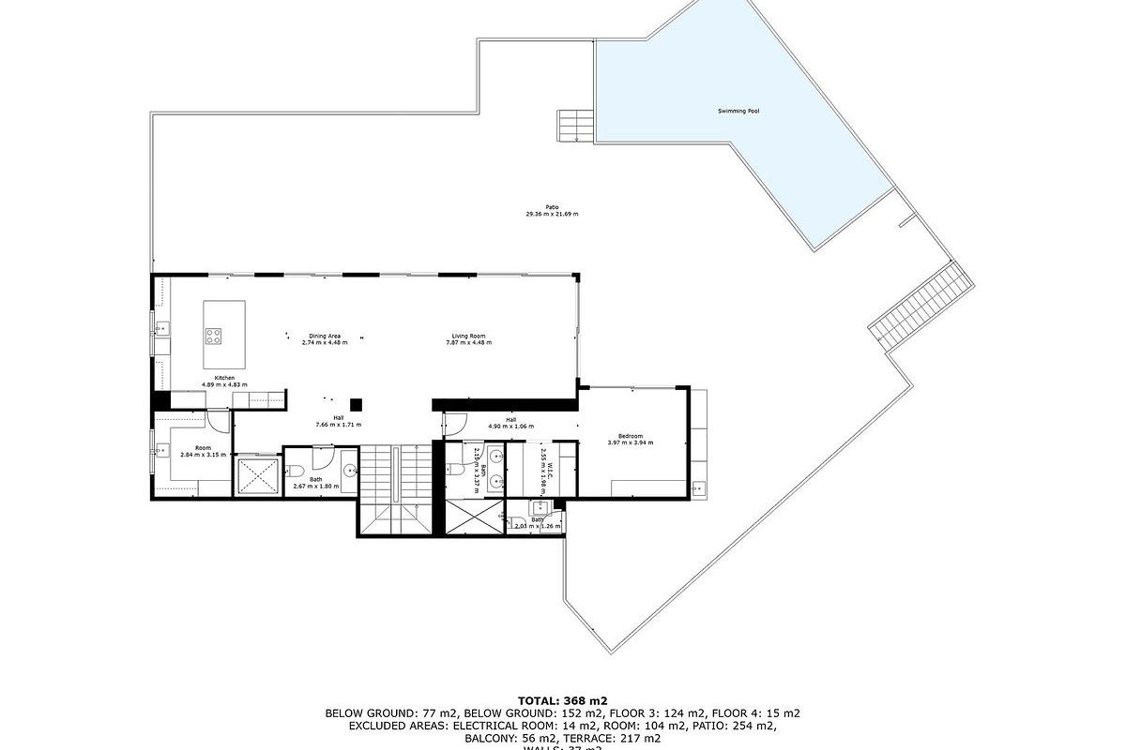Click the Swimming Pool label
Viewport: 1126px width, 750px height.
point(738,112)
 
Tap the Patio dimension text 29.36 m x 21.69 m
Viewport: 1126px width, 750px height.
point(552,215)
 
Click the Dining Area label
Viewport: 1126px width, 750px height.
point(325,336)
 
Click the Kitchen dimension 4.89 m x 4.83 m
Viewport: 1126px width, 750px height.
point(224,384)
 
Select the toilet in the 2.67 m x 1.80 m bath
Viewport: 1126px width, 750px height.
point(293,472)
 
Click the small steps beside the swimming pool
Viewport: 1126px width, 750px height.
point(574,127)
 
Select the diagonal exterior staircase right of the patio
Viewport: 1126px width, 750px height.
point(921,306)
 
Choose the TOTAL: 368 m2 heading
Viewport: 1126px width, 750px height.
point(562,700)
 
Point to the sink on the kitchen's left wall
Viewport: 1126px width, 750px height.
point(160,328)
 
